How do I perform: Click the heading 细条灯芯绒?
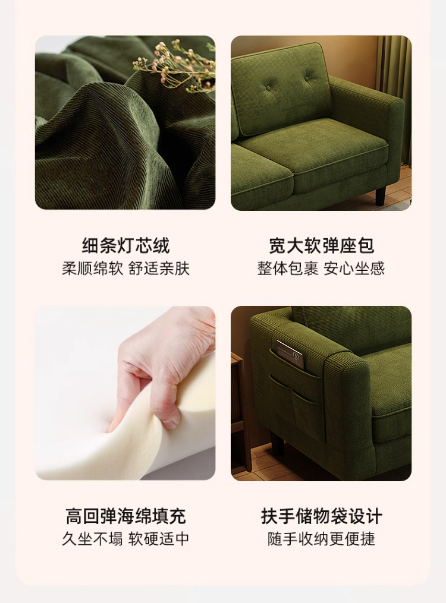tap(125, 246)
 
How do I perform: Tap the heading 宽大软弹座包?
tap(321, 246)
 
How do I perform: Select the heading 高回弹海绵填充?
tap(125, 516)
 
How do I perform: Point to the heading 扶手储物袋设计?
tap(321, 516)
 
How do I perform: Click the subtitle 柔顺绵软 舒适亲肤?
tap(125, 269)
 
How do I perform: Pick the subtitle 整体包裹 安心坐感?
tap(321, 269)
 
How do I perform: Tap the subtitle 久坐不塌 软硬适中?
tap(125, 539)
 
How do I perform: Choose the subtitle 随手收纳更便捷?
tap(321, 539)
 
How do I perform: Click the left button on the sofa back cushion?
tap(268, 88)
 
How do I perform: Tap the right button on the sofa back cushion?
tap(307, 79)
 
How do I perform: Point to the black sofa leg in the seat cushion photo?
tap(381, 195)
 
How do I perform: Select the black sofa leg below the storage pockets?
tap(277, 443)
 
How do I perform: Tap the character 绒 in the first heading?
tap(161, 246)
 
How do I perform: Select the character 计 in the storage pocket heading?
tap(374, 516)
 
